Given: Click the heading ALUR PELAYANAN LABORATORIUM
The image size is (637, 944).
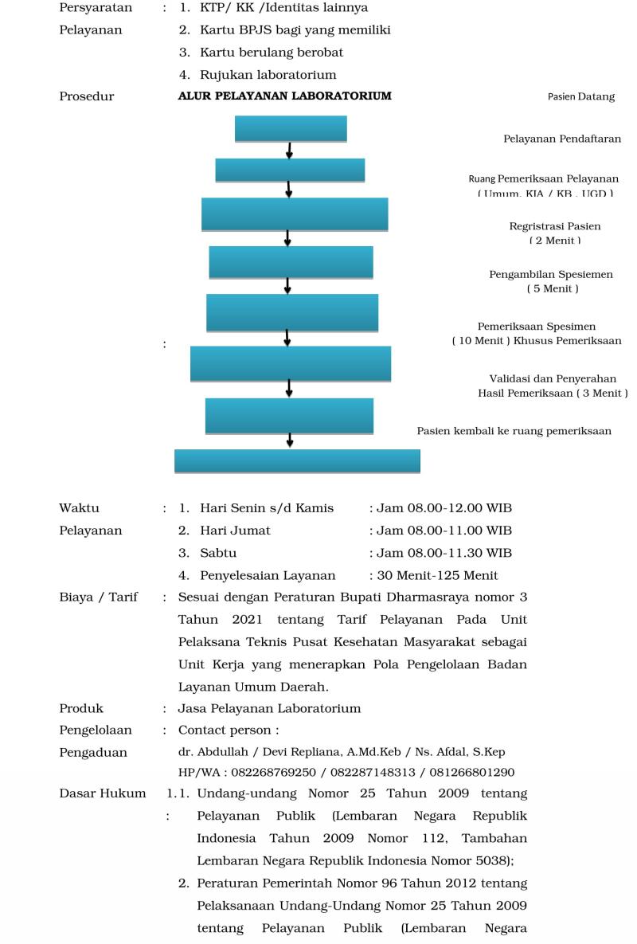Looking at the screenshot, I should (284, 96).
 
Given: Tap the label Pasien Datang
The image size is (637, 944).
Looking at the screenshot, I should (580, 97).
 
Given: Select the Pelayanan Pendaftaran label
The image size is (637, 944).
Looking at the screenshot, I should (561, 139).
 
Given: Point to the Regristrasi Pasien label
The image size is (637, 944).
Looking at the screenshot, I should (555, 226).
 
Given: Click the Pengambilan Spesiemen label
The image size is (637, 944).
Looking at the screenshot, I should (551, 275).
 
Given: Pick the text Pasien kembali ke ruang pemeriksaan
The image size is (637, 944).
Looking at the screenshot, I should (514, 431).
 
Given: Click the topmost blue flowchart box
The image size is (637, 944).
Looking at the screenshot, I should (291, 128).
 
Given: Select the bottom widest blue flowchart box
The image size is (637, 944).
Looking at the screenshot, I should (297, 461).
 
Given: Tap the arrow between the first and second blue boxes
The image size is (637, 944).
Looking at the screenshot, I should (289, 151).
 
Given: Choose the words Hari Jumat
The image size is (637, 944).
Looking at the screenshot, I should (235, 531).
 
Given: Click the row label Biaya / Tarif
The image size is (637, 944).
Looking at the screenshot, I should (98, 597).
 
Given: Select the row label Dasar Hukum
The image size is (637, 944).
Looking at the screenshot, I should (102, 793).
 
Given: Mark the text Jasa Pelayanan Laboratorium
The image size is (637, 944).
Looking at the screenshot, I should (269, 708).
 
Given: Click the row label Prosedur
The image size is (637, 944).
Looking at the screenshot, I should (86, 96).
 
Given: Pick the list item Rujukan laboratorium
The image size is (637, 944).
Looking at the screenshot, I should (268, 75).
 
